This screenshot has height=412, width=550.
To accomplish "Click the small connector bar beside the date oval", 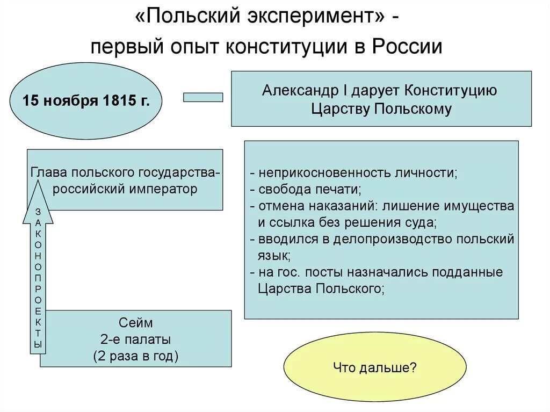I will [203, 97].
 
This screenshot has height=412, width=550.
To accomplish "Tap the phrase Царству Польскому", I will [381, 109].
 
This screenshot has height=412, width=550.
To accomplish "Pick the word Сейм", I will [135, 323].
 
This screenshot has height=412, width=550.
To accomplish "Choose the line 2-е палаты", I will [135, 339].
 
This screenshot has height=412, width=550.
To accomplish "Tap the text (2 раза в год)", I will [135, 356].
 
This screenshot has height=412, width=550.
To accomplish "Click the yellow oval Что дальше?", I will [375, 367].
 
